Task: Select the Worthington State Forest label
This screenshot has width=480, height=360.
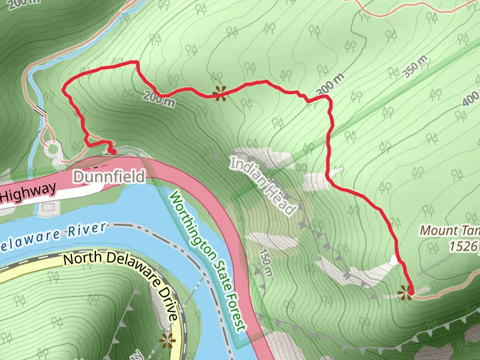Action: coord(208,260)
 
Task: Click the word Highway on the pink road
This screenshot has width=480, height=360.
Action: coord(28,191)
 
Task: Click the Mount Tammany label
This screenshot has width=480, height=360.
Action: coord(449,230)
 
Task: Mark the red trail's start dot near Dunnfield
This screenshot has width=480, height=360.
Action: coord(113,152)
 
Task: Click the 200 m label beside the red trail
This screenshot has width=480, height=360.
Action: coord(159,99)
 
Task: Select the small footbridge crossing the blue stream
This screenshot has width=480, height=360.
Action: coord(41,111)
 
